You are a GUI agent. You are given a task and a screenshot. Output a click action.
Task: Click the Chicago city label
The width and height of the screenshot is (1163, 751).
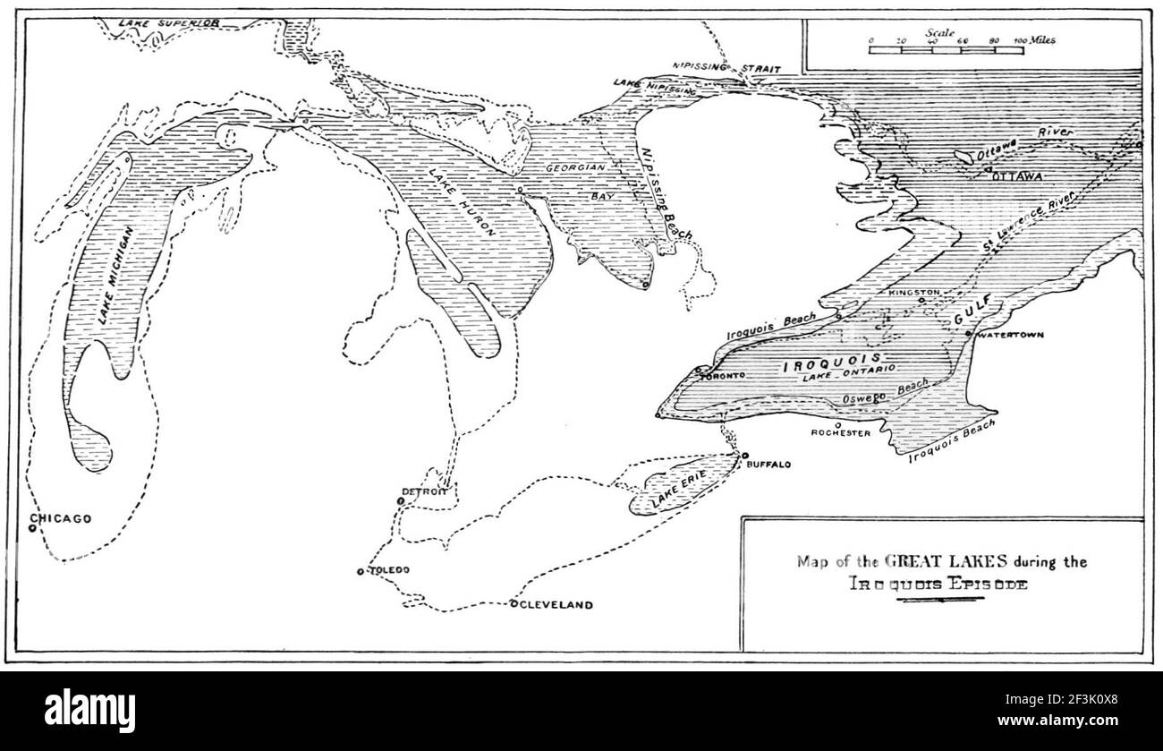(x=61, y=518)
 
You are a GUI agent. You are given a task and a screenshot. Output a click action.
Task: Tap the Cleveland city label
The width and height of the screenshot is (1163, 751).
(x=556, y=605)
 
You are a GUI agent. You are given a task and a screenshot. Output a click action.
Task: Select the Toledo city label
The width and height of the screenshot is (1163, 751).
(x=389, y=570)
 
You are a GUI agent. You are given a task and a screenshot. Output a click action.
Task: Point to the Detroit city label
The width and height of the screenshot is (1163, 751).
(x=423, y=492)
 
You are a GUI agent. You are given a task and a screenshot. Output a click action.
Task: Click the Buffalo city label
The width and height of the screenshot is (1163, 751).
(x=770, y=465)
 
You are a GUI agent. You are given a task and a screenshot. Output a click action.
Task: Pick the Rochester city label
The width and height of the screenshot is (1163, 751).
(x=840, y=433)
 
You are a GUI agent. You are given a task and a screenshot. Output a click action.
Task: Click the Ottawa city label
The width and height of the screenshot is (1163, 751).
(x=1017, y=176)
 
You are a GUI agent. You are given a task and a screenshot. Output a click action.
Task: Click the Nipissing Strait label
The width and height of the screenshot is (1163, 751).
(x=727, y=68)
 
